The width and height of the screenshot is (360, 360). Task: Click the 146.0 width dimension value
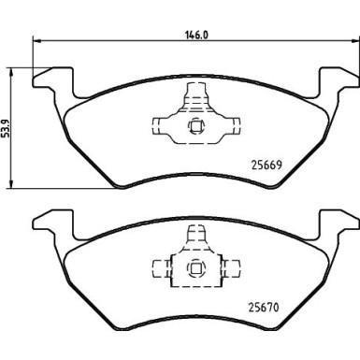(193, 30)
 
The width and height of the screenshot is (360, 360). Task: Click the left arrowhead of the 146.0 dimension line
(37, 40)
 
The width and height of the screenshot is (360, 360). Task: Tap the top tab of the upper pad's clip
(196, 94)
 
